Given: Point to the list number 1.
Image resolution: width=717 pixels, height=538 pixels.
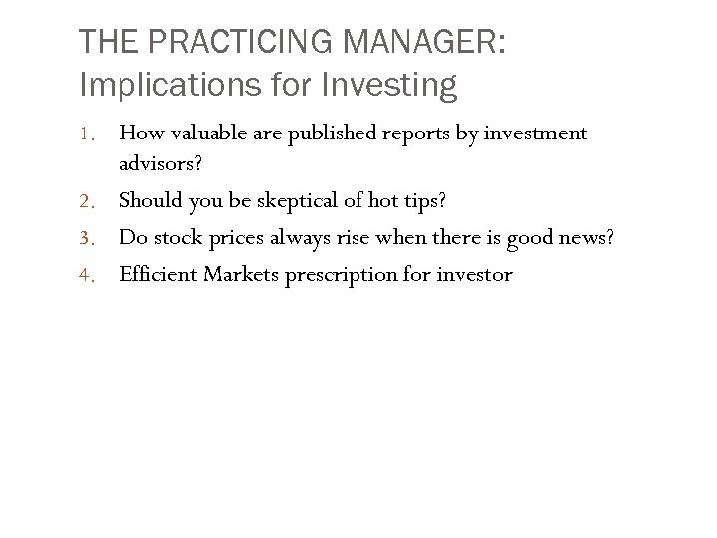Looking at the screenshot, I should pos(88,134).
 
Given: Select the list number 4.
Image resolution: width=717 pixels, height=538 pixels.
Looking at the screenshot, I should pos(88,275).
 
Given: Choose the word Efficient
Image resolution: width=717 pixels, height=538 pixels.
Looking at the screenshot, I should pos(157,274).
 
